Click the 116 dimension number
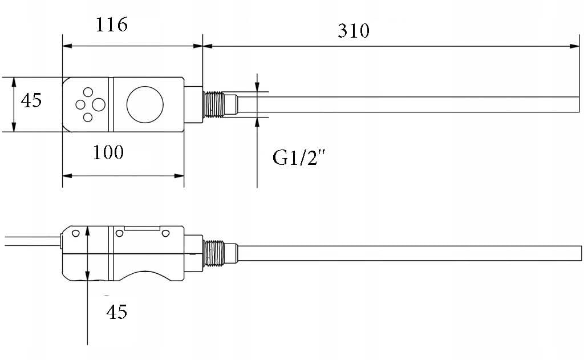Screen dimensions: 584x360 coord(112,25)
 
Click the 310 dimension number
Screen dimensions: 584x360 coord(354,31)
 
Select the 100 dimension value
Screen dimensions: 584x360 coord(108,152)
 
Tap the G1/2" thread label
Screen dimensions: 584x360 coord(299,157)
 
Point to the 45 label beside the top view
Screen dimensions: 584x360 coord(31,100)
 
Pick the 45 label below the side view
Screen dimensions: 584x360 coord(116,312)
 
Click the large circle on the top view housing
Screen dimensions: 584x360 coord(145,105)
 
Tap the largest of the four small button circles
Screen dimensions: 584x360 coord(99,105)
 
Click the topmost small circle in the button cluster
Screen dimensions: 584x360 coord(88,92)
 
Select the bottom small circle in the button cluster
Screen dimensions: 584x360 coord(87,118)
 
